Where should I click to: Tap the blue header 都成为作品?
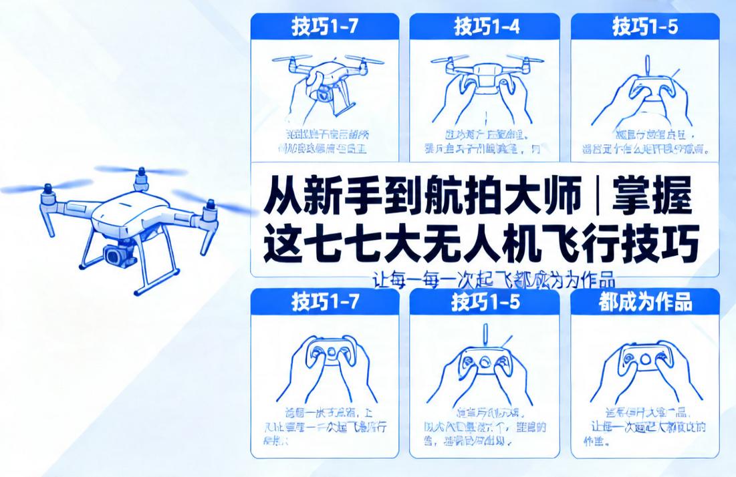(x=645, y=302)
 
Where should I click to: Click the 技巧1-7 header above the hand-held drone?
(x=325, y=27)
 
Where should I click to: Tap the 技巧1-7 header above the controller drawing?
(x=325, y=302)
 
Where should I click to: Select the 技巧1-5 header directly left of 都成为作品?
(x=485, y=302)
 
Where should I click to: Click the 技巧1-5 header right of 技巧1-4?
(x=645, y=27)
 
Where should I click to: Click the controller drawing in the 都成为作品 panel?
(x=644, y=361)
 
